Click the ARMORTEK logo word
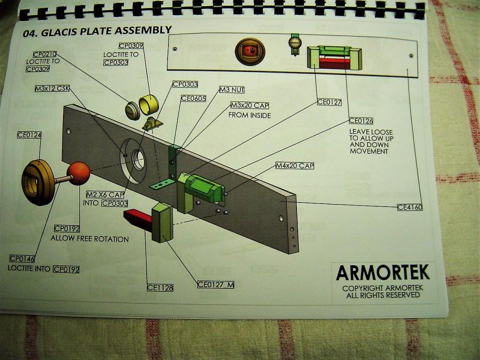(x=383, y=272)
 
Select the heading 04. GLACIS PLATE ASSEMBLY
(x=97, y=31)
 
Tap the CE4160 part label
(x=410, y=207)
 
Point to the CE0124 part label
(x=29, y=135)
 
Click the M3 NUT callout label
(x=232, y=89)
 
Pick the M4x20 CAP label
(x=295, y=166)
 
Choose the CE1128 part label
(x=160, y=288)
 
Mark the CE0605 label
(x=193, y=98)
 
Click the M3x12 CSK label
(x=52, y=89)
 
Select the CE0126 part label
(x=361, y=121)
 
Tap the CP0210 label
(x=44, y=55)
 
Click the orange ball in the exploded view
(x=79, y=173)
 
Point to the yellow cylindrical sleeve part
(x=149, y=104)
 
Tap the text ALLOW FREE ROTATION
(x=89, y=239)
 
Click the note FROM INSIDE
(x=250, y=115)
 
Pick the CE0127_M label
(x=216, y=284)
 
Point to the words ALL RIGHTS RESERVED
(x=383, y=295)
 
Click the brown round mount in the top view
(x=250, y=52)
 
